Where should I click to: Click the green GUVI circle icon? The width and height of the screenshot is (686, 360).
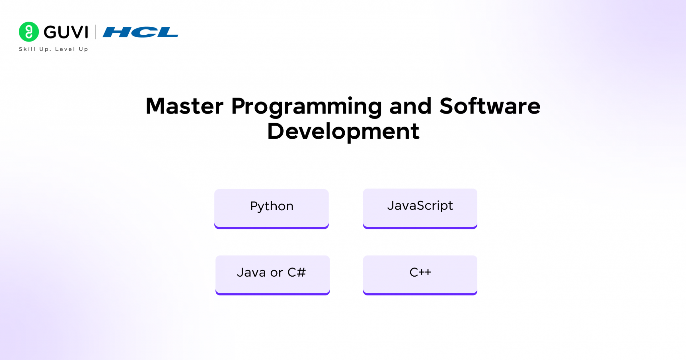29,32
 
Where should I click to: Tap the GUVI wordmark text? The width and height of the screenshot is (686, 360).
66,32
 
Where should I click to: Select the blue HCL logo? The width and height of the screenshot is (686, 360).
140,32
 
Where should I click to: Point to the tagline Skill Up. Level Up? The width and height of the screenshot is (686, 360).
54,49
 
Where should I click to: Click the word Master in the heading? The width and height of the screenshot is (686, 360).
184,106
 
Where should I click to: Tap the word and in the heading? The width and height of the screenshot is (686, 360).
410,106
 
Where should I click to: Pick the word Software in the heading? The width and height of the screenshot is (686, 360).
490,106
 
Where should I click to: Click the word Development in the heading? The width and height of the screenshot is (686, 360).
343,132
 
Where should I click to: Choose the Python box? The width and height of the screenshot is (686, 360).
271,206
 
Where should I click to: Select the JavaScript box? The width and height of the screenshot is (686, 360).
420,206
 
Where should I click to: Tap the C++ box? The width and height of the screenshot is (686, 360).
420,272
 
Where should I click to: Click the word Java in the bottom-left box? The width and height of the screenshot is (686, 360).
251,273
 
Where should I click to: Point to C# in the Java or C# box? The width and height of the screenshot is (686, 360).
296,272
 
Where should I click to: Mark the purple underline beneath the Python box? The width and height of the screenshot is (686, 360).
271,228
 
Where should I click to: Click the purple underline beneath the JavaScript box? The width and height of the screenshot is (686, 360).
420,228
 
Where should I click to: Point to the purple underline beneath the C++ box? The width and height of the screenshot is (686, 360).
420,294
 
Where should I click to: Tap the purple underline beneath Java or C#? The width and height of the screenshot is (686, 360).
272,294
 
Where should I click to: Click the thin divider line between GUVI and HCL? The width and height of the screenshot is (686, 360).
95,32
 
